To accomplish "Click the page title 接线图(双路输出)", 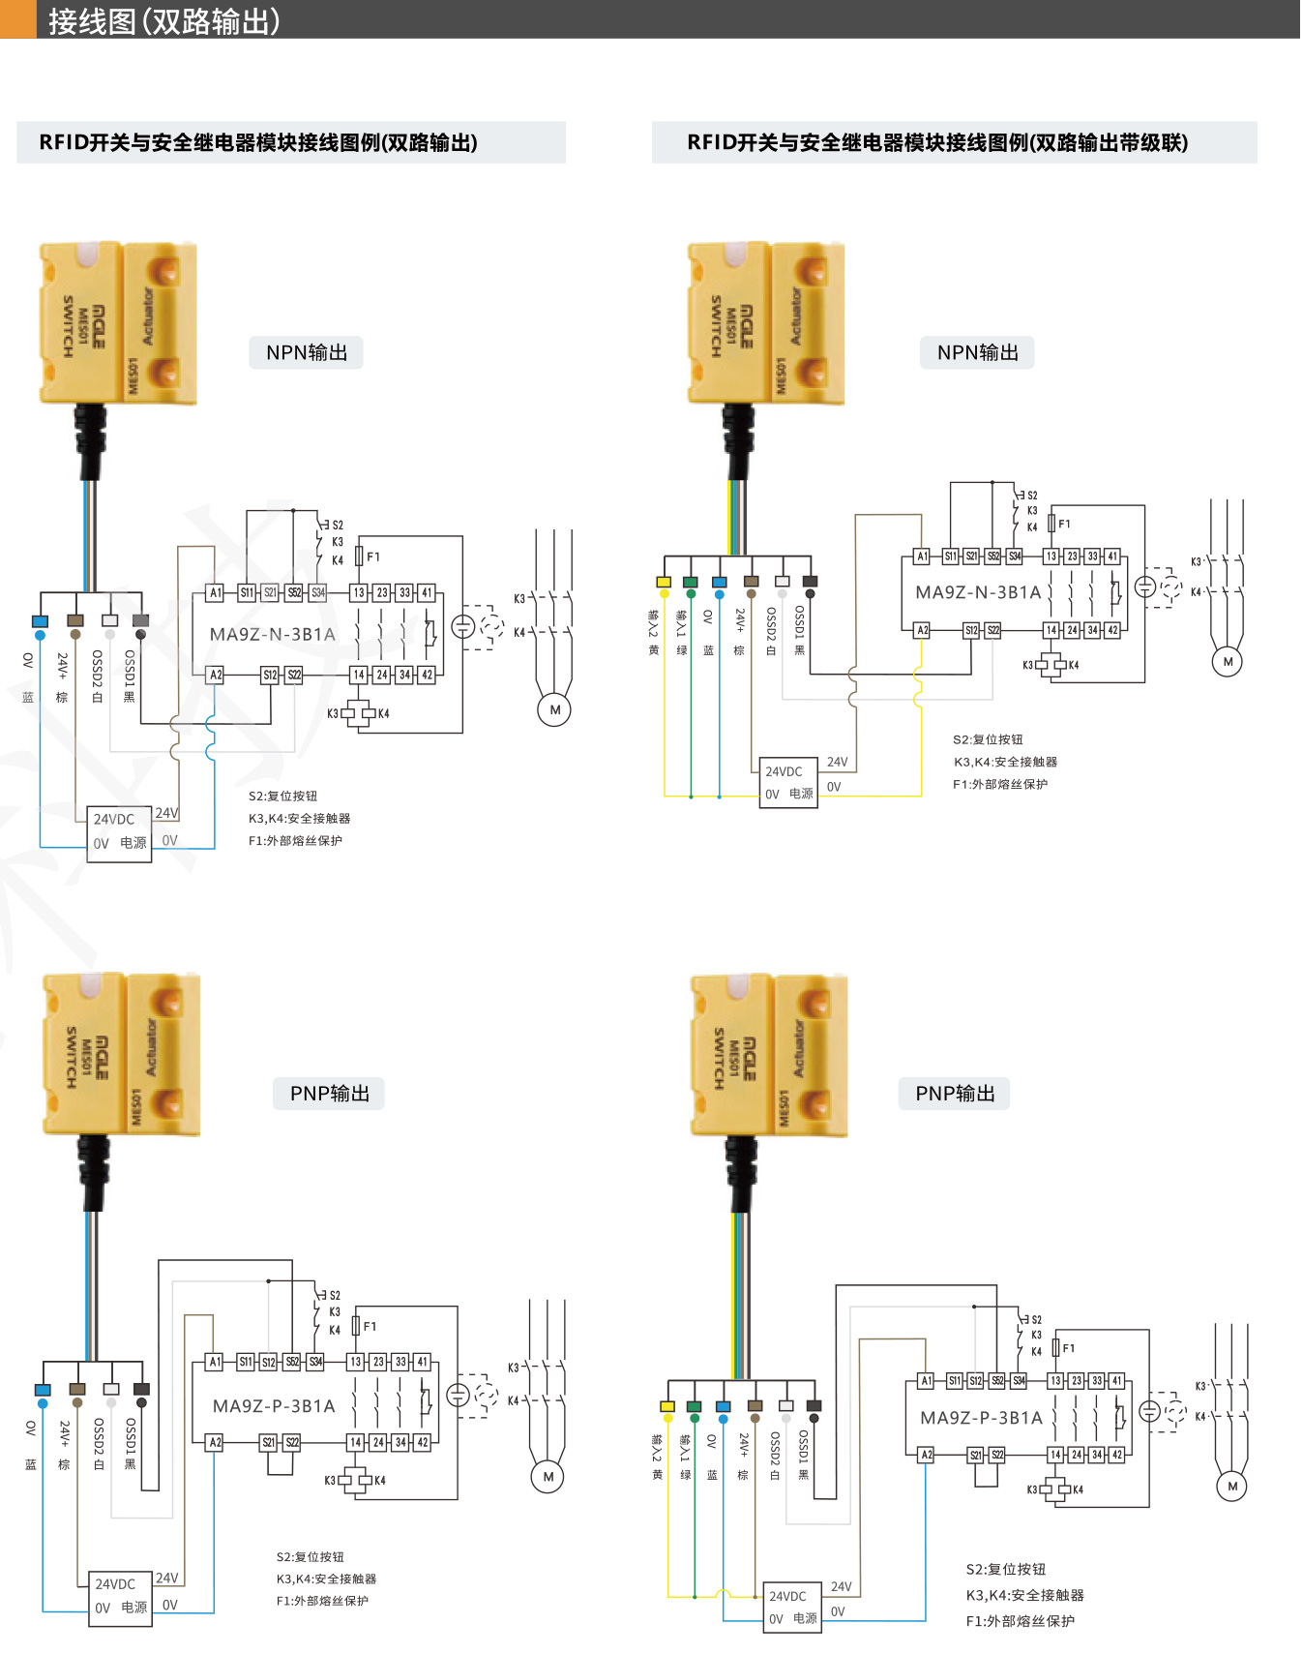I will pyautogui.click(x=164, y=20).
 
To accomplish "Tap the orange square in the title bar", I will pyautogui.click(x=17, y=20).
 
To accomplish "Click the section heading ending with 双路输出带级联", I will pyautogui.click(x=936, y=142).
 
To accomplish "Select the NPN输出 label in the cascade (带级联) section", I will pyautogui.click(x=977, y=352).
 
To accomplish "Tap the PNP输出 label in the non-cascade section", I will pyautogui.click(x=329, y=1093).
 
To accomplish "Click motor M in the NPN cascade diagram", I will pyautogui.click(x=1228, y=662).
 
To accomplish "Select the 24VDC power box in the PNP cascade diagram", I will pyautogui.click(x=791, y=1608).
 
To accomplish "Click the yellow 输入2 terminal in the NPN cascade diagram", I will pyautogui.click(x=664, y=582).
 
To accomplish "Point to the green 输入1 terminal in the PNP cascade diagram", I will pyautogui.click(x=694, y=1406).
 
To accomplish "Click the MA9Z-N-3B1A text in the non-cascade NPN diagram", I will pyautogui.click(x=273, y=635).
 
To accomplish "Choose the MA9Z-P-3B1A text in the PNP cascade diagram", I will pyautogui.click(x=981, y=1418).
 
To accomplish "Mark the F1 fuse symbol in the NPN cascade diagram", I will pyautogui.click(x=1051, y=524).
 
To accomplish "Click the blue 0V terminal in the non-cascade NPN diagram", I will pyautogui.click(x=40, y=621).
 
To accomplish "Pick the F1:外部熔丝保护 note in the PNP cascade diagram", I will pyautogui.click(x=1020, y=1620).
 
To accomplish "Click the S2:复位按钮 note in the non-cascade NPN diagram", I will pyautogui.click(x=282, y=796).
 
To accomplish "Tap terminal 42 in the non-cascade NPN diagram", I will pyautogui.click(x=427, y=675).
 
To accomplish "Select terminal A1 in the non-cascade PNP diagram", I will pyautogui.click(x=215, y=1362).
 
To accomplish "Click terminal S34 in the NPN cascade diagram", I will pyautogui.click(x=1015, y=556).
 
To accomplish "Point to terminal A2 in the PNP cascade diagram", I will pyautogui.click(x=926, y=1455).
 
